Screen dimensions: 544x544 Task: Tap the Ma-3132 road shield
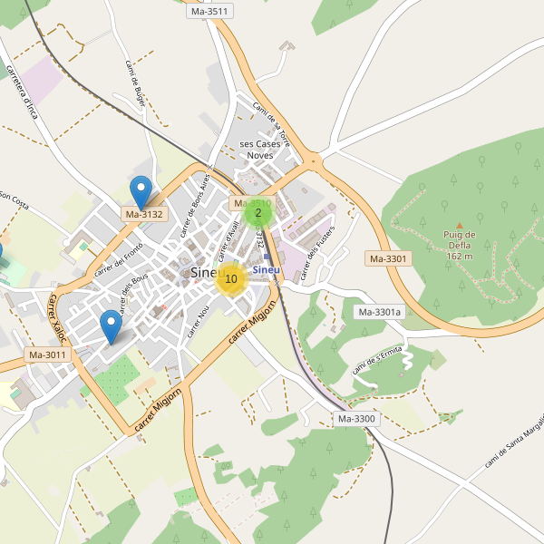144,215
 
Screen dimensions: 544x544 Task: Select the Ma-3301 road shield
389,258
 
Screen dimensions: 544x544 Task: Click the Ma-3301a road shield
379,313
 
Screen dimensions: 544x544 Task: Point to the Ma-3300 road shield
356,419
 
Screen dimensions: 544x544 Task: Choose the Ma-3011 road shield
47,355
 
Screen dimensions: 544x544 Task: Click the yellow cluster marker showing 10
231,279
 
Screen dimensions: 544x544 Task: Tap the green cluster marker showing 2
258,214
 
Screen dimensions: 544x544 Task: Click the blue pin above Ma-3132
141,191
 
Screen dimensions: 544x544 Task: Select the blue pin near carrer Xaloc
111,325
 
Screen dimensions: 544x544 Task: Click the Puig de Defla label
460,245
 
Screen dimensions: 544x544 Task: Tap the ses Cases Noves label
260,150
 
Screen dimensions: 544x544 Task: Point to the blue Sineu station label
266,270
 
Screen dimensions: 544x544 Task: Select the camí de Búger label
133,84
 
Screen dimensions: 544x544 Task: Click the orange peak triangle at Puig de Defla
460,225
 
